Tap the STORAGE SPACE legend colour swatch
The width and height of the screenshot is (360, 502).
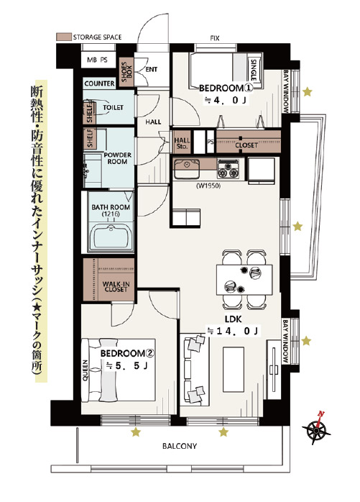point(63,37)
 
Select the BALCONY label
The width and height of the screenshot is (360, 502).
point(180,446)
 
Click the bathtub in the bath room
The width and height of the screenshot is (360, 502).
point(111,237)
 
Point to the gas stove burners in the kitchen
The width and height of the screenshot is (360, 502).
point(229,170)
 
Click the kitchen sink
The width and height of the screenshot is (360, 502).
point(187,169)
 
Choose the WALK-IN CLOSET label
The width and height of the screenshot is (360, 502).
point(116,286)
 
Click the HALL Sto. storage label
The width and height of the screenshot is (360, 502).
point(182,143)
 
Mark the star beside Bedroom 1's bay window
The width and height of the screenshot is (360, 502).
point(308,92)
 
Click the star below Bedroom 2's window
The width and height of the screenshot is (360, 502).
point(136,432)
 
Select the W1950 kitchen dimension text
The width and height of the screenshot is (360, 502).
point(208,186)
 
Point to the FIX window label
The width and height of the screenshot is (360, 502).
point(215,38)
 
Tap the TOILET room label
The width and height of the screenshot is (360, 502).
point(113,108)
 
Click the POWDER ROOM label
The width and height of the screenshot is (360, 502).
point(117,158)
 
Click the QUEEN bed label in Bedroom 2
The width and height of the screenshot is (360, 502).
point(86,370)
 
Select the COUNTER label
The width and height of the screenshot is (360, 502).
point(99,83)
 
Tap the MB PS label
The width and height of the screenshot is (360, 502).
point(97,60)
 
